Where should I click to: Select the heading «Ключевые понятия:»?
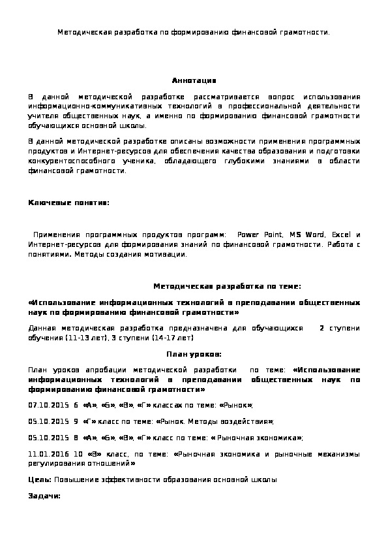point(69,203)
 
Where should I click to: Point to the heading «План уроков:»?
point(194,354)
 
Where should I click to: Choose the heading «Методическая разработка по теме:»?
point(227,286)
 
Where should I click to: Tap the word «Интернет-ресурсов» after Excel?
point(57,244)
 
